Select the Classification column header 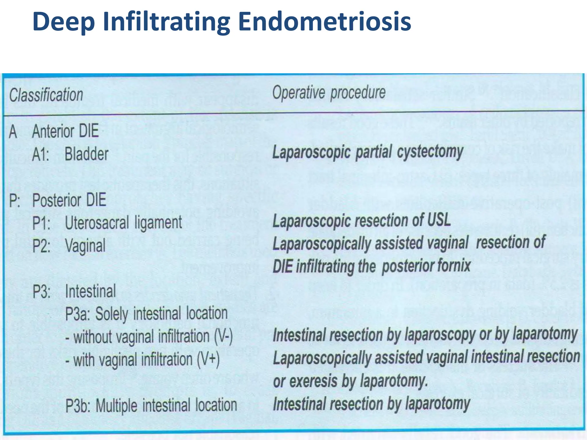[46, 95]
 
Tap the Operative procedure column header [329, 93]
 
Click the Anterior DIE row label [65, 131]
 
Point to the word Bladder [87, 154]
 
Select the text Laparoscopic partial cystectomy [368, 152]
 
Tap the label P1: [41, 223]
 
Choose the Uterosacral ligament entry [124, 223]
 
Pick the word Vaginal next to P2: [85, 246]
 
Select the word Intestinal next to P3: [91, 291]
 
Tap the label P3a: [78, 314]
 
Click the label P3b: [78, 406]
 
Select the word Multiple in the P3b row [116, 406]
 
